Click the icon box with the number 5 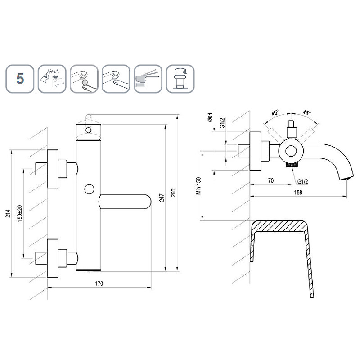click(20, 79)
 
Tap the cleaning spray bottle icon click(52, 79)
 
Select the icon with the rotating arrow click(180, 79)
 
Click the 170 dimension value click(99, 283)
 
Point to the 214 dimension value click(8, 213)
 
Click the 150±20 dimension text click(20, 213)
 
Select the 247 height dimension click(162, 198)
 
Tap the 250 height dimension click(174, 193)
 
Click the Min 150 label click(198, 186)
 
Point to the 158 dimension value click(298, 193)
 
